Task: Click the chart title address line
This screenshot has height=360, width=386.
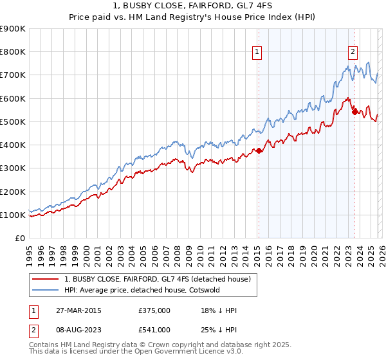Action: (x=192, y=7)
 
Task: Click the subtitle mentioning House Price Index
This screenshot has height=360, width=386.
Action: (x=192, y=19)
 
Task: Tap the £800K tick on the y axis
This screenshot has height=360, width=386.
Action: (x=12, y=52)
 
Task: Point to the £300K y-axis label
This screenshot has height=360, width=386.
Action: (x=12, y=168)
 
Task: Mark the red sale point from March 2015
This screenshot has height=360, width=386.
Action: (x=259, y=151)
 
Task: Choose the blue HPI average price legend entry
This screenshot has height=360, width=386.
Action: (x=142, y=290)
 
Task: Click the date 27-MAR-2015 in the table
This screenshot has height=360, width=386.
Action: (x=73, y=310)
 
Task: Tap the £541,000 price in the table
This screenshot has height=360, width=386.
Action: (x=154, y=330)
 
